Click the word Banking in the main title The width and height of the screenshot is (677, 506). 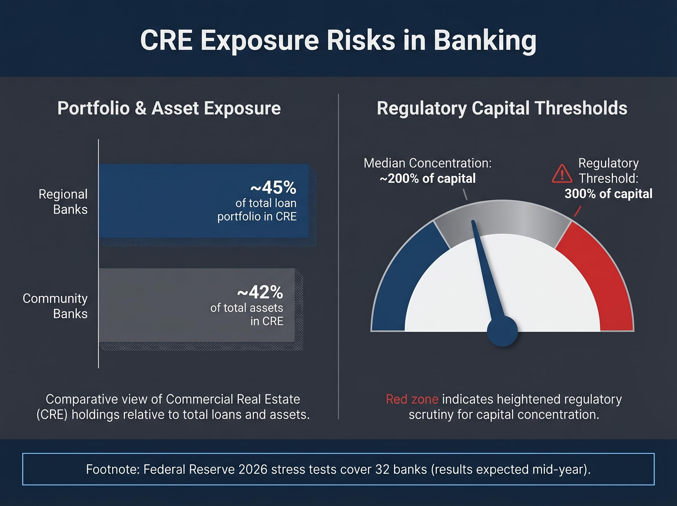point(485,41)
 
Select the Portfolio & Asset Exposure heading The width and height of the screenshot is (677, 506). point(169,108)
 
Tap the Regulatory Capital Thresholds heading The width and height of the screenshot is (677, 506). point(502,108)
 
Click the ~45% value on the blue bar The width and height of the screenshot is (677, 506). point(273,188)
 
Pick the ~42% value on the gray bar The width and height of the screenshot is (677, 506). point(260,292)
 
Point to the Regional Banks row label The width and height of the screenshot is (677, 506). point(63,202)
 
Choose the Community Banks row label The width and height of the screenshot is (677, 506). point(55,306)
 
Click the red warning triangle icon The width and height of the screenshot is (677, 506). point(562,174)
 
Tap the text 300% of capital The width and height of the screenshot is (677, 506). point(608,194)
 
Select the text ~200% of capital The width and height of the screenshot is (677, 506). point(428,178)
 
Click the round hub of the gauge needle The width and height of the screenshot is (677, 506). point(502,331)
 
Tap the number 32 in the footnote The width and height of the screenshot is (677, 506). point(382,470)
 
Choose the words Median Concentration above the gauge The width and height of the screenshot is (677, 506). point(427,163)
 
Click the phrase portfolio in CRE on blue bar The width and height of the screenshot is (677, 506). point(257,217)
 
